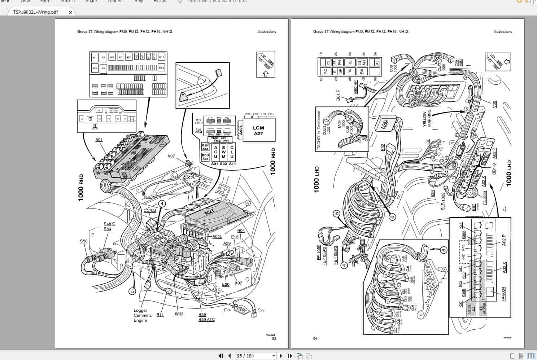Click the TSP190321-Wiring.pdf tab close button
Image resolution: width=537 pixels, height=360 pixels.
click(70, 12)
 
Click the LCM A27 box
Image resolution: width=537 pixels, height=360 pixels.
click(258, 130)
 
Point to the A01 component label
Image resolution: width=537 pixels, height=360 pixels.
click(99, 140)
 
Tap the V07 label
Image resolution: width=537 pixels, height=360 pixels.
click(171, 156)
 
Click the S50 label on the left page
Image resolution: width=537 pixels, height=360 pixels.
click(84, 241)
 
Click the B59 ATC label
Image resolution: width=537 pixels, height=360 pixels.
click(206, 320)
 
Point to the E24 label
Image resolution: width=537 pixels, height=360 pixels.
click(227, 310)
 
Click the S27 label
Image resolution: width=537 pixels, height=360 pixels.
click(261, 310)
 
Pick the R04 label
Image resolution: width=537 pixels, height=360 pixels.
click(241, 231)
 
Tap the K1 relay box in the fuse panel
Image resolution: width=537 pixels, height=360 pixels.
click(95, 57)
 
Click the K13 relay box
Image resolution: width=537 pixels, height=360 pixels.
click(161, 68)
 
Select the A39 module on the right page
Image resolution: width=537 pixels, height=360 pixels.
click(385, 125)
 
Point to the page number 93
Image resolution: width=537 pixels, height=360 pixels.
click(274, 338)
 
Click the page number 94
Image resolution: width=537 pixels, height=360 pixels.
click(315, 338)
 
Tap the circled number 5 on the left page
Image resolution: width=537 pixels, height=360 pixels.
click(132, 291)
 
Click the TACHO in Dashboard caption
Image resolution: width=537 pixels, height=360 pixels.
click(319, 130)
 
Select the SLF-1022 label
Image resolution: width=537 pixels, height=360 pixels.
click(443, 201)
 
